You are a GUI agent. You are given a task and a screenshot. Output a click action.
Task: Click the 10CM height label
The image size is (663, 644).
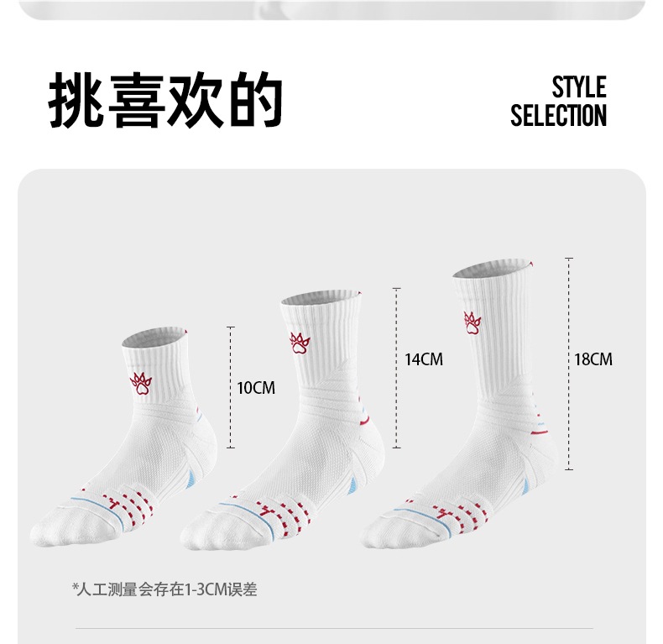pyautogui.click(x=256, y=388)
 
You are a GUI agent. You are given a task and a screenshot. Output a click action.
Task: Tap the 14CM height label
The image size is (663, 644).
pyautogui.click(x=423, y=359)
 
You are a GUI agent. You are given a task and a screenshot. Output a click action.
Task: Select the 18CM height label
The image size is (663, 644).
pyautogui.click(x=593, y=359)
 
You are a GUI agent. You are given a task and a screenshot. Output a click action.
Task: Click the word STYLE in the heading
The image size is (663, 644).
pyautogui.click(x=578, y=87)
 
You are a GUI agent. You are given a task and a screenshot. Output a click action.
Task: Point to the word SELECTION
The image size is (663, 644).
pyautogui.click(x=558, y=116)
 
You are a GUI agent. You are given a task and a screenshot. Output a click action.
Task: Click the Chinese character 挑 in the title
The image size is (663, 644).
pyautogui.click(x=76, y=100)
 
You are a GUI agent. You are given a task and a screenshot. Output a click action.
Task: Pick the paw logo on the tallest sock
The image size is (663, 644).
pyautogui.click(x=472, y=322)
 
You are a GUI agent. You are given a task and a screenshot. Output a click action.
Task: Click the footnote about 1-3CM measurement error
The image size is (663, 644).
pyautogui.click(x=164, y=589)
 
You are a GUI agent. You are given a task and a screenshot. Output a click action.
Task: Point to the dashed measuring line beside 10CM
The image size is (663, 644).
pyautogui.click(x=231, y=388)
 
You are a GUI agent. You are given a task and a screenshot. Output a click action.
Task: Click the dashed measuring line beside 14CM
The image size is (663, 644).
pyautogui.click(x=397, y=359)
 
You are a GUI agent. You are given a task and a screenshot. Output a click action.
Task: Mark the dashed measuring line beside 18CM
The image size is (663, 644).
pyautogui.click(x=569, y=363)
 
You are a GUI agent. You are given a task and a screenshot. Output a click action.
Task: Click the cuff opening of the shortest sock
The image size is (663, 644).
pyautogui.click(x=154, y=338)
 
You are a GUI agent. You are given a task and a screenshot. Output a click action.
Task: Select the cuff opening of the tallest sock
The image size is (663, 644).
pyautogui.click(x=491, y=267)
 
